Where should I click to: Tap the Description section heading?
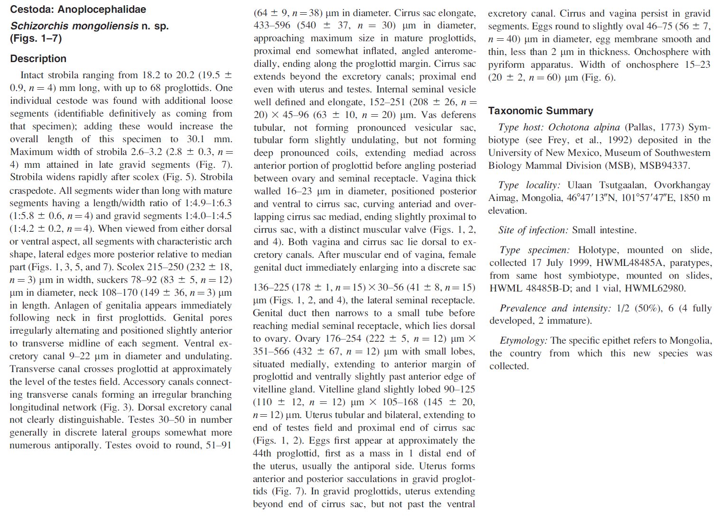click(x=38, y=59)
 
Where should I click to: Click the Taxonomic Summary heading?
click(x=540, y=111)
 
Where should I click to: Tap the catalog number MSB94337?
click(x=665, y=165)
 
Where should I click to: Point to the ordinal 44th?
click(x=263, y=454)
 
